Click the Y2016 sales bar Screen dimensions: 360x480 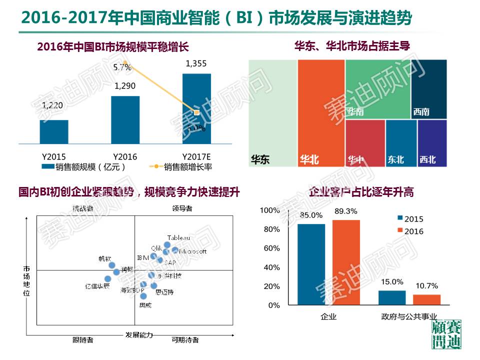(x=125, y=119)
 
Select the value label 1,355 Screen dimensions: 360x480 (x=195, y=63)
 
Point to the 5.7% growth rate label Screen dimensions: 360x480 (x=122, y=66)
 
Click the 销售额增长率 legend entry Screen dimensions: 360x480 (x=180, y=167)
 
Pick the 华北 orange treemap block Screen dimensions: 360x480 (x=321, y=113)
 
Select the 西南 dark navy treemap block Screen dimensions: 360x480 (x=432, y=89)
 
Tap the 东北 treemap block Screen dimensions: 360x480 (x=401, y=143)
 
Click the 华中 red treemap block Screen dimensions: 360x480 (x=365, y=143)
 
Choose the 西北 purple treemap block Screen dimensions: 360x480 (x=432, y=143)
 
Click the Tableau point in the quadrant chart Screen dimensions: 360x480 (x=167, y=245)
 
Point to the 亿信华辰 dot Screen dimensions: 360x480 (x=107, y=279)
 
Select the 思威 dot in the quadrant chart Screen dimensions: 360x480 (x=143, y=296)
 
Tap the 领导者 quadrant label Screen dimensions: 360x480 (x=182, y=208)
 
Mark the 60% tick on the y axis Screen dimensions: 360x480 (x=272, y=248)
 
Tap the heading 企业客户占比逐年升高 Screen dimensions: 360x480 (x=361, y=191)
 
